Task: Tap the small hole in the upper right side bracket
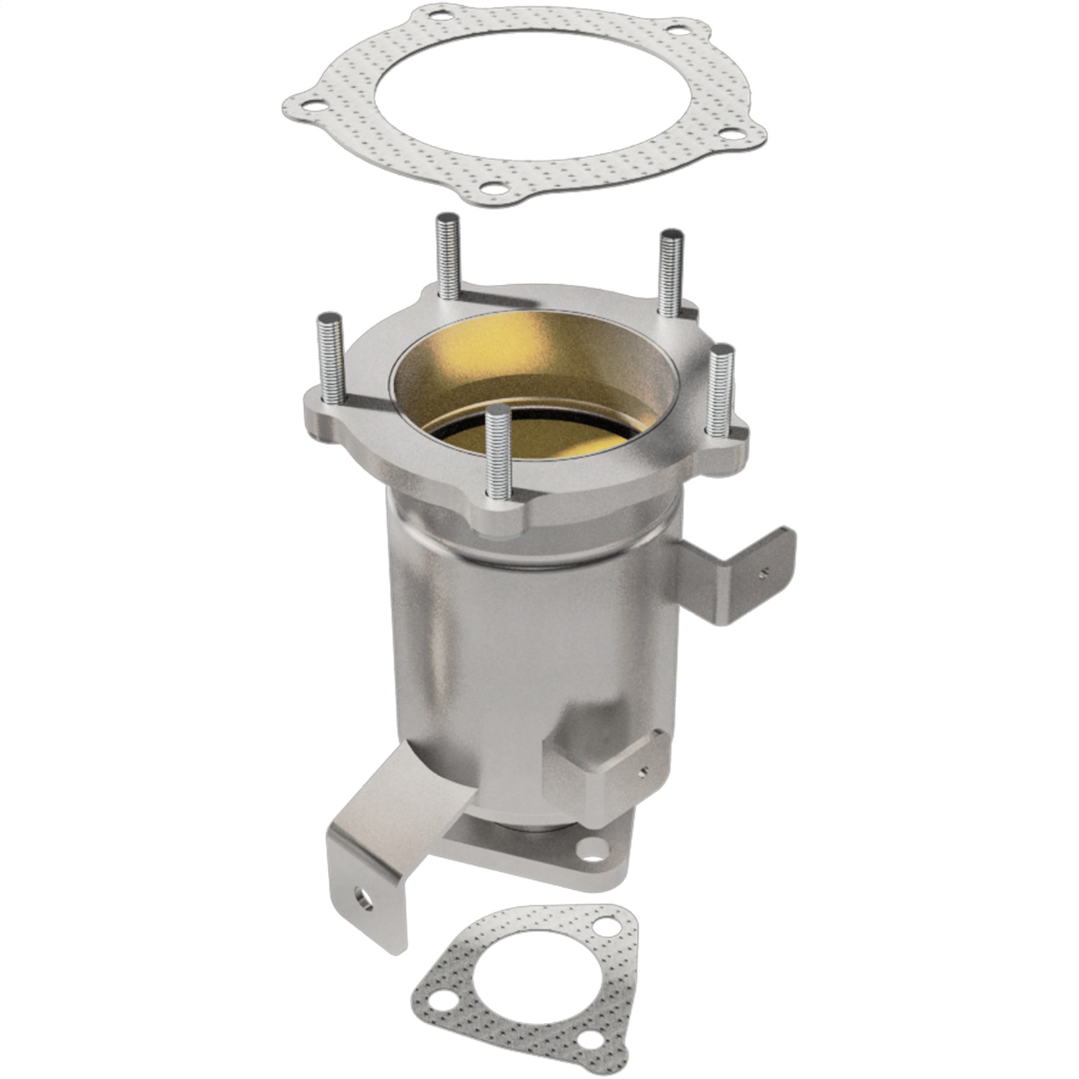(762, 573)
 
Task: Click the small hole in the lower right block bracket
(645, 770)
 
